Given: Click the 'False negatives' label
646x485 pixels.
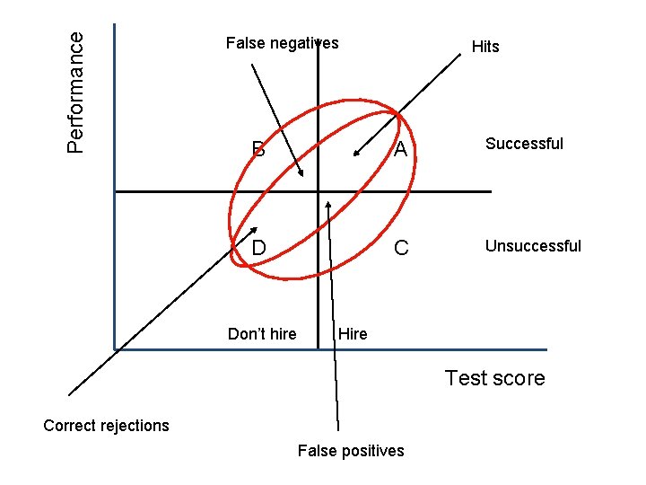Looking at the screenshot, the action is pos(282,42).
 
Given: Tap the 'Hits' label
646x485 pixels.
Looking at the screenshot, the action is pos(485,47).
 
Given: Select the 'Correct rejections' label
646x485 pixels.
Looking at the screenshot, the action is pos(106,425).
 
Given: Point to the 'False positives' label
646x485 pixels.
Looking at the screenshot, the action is pos(351,450).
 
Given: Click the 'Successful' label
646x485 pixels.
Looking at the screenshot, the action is pos(524,143).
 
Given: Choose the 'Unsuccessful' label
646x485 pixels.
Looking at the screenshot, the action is pos(533,245).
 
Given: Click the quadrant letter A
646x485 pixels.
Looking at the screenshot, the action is pos(400,150).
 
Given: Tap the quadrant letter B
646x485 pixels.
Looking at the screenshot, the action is pos(258,150).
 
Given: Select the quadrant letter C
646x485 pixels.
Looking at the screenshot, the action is pos(401,247).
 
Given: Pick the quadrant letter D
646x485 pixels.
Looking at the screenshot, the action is pos(258,247).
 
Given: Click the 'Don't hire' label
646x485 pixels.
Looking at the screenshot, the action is pos(262,334).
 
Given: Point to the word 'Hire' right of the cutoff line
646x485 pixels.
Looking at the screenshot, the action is pos(353,334).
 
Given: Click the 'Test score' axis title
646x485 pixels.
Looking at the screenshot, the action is pos(494,378).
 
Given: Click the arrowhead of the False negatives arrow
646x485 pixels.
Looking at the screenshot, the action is pos(304,175).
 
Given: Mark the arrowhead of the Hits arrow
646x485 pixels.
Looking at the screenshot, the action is pos(354,156).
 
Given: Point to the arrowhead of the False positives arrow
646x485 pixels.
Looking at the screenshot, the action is pos(328,201).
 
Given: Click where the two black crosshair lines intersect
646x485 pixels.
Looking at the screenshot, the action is pos(319,191).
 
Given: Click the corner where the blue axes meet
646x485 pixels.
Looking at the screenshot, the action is pos(115,348).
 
